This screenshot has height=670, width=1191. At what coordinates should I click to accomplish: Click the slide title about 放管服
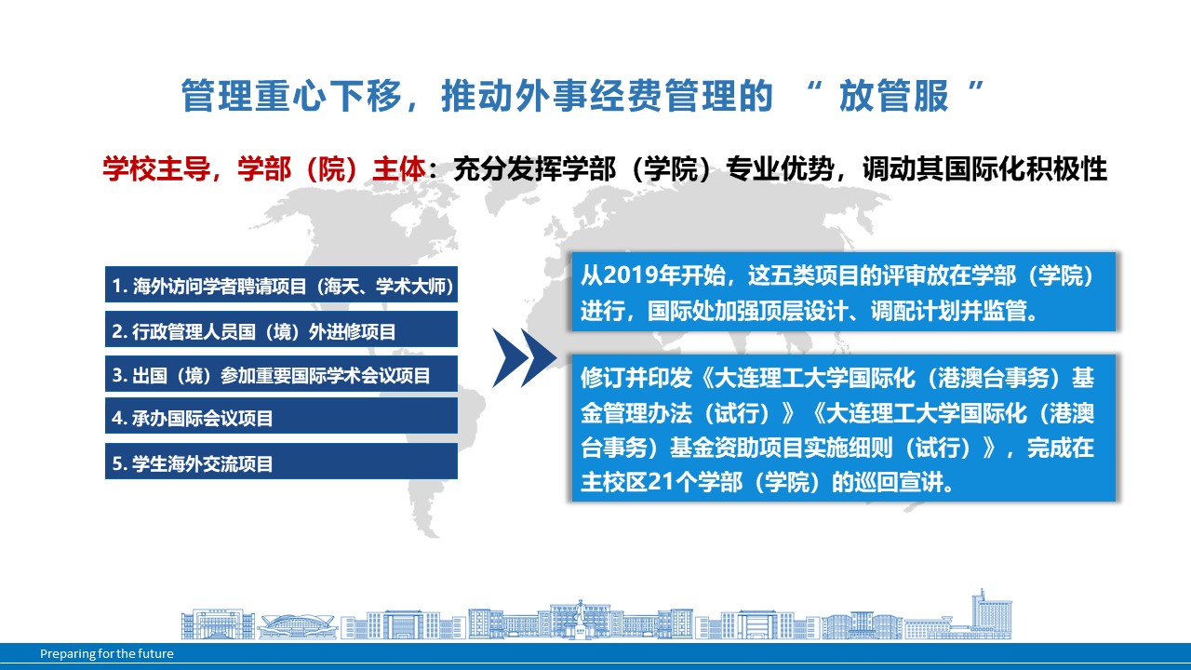pyautogui.click(x=582, y=96)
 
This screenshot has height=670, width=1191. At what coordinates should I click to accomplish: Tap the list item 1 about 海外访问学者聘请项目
pyautogui.click(x=281, y=286)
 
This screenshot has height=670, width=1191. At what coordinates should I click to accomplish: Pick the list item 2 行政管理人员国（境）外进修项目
pyautogui.click(x=281, y=331)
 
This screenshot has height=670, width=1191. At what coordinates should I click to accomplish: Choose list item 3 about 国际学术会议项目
pyautogui.click(x=281, y=375)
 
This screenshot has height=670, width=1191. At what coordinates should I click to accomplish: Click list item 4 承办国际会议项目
pyautogui.click(x=281, y=418)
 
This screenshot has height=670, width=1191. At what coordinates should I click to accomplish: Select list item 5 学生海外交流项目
pyautogui.click(x=281, y=463)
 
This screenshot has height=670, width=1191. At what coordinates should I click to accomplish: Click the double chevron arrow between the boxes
pyautogui.click(x=524, y=358)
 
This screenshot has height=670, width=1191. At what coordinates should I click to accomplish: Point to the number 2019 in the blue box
pyautogui.click(x=631, y=275)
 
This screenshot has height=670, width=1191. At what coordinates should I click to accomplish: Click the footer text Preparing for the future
pyautogui.click(x=107, y=653)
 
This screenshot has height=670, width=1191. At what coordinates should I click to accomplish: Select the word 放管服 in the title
pyautogui.click(x=894, y=96)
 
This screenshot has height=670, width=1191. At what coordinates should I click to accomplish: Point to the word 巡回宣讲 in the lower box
pyautogui.click(x=899, y=482)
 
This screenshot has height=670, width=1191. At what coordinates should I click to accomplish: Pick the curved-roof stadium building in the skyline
pyautogui.click(x=298, y=626)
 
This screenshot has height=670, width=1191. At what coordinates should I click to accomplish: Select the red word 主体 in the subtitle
pyautogui.click(x=399, y=169)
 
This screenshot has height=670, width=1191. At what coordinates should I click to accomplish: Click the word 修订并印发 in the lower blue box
pyautogui.click(x=636, y=378)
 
